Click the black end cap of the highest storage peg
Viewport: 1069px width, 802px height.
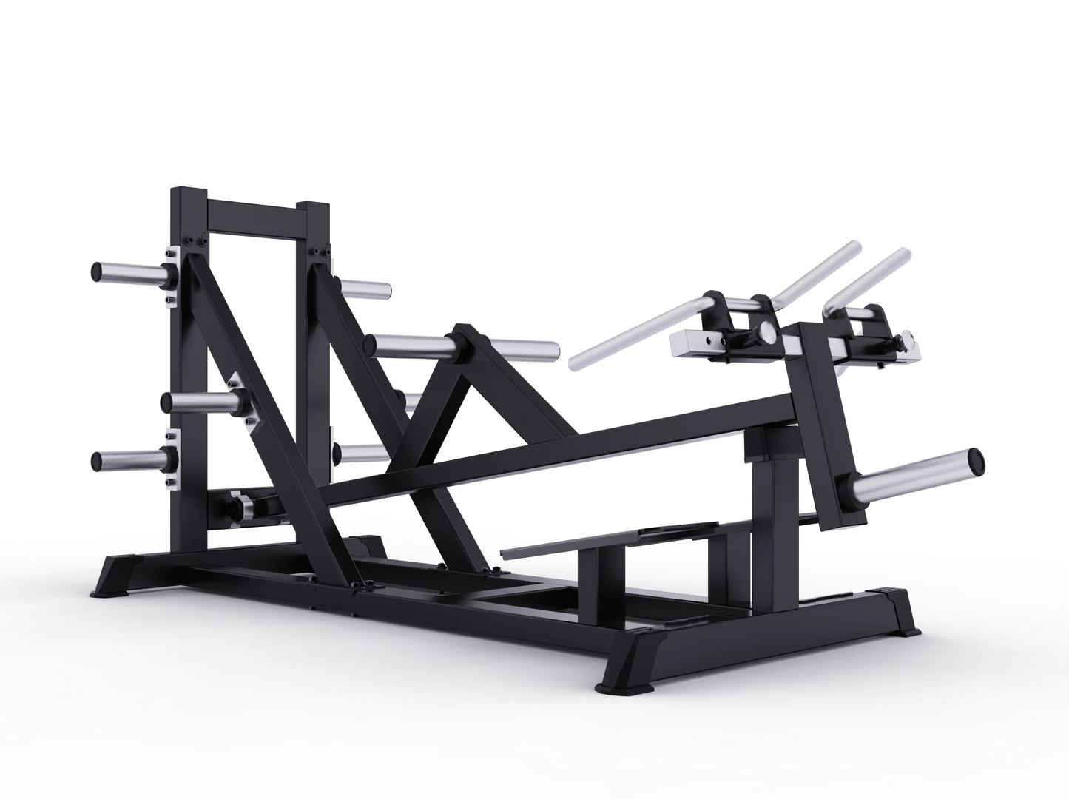coord(98,272)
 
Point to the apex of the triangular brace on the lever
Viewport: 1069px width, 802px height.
coord(462,331)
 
